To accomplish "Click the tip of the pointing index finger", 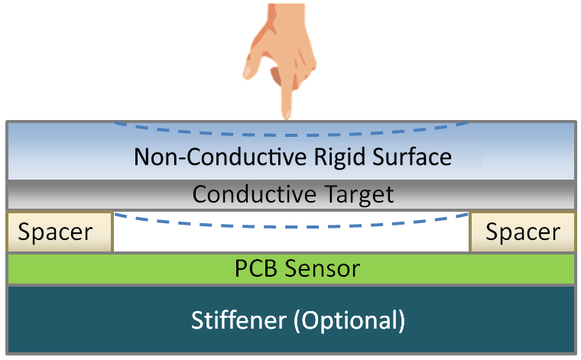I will (287, 115).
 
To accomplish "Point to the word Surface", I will (413, 157).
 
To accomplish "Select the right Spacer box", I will (522, 232).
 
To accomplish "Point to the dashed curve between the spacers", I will (290, 226).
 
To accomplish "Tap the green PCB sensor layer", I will (115, 269).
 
